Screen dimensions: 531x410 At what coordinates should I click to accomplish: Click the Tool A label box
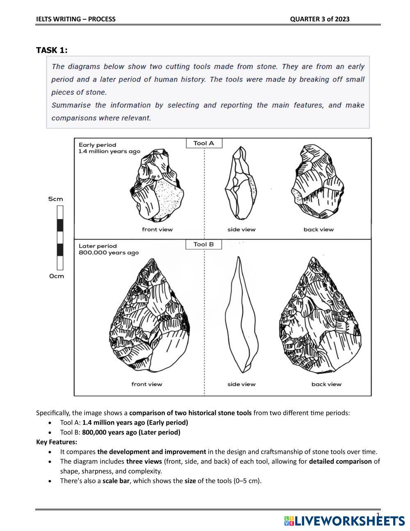(x=204, y=143)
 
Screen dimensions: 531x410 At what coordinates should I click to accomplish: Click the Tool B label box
(x=204, y=245)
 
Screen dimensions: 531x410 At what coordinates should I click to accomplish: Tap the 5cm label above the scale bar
(x=56, y=199)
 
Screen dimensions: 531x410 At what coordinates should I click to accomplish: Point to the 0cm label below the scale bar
(x=57, y=276)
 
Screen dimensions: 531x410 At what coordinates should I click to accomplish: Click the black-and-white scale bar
(x=60, y=238)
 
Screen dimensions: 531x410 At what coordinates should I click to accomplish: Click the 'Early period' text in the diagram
(x=98, y=145)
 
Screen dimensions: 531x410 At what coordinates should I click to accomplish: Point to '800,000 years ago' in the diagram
(x=109, y=253)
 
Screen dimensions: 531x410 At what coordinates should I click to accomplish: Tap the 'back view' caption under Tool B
(x=326, y=384)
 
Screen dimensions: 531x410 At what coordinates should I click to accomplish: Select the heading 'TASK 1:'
(x=52, y=50)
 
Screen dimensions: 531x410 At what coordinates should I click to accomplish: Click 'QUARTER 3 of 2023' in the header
(x=320, y=19)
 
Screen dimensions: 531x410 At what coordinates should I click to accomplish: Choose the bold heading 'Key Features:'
(x=57, y=442)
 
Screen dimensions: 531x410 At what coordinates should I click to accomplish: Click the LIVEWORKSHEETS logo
(x=344, y=521)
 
